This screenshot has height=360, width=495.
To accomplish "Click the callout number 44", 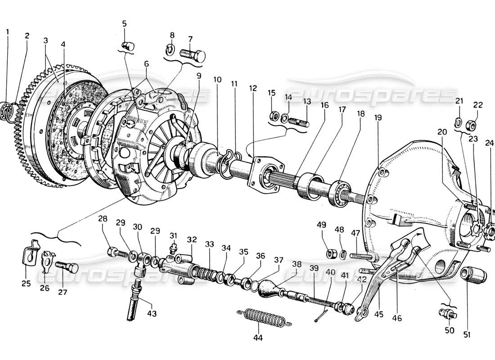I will (258, 337).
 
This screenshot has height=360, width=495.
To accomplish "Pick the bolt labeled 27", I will (66, 269).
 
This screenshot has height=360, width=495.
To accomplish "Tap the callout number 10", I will (217, 80).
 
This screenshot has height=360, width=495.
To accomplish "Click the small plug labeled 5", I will (127, 45).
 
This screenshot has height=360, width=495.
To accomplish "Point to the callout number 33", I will (209, 243).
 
